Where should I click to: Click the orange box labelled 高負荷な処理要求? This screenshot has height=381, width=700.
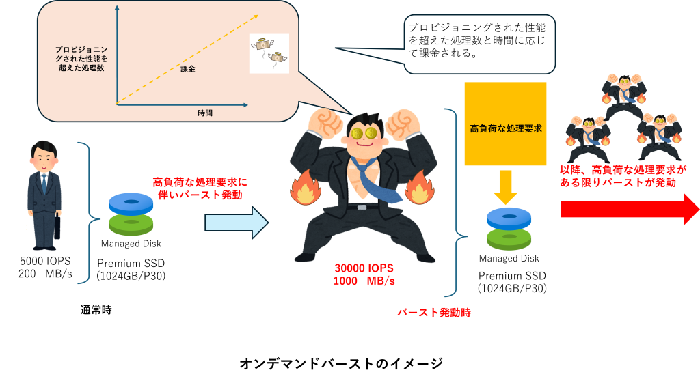[x=505, y=124]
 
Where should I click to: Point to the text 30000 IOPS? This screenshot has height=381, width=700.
[x=364, y=268]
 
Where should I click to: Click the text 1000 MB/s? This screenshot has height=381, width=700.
[x=364, y=281]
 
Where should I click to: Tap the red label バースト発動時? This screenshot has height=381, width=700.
[x=435, y=313]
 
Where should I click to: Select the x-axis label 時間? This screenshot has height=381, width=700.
[x=204, y=113]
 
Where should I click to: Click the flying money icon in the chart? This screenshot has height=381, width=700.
[x=269, y=53]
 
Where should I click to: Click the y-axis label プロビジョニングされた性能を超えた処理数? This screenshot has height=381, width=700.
[x=81, y=59]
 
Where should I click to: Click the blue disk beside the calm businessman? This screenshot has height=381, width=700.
[x=131, y=203]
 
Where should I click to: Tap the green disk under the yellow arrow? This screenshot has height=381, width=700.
[x=509, y=238]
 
